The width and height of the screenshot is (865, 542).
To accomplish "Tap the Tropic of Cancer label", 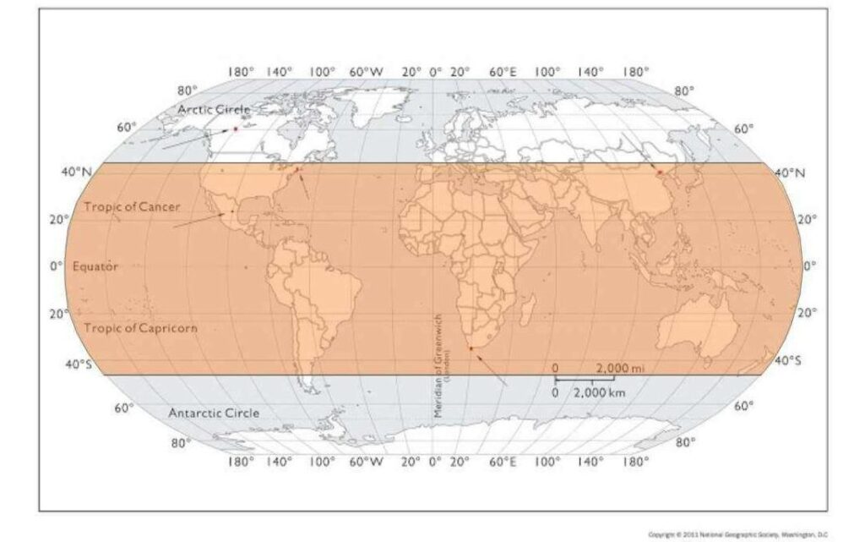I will coord(131,206).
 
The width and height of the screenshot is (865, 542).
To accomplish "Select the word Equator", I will coord(95,266).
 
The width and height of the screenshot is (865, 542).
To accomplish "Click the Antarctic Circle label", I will coord(214,413).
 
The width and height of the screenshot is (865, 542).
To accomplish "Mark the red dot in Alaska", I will coord(235,129).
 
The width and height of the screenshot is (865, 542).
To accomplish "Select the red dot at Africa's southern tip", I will coord(471,348).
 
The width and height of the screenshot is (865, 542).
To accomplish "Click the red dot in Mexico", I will coord(224,213).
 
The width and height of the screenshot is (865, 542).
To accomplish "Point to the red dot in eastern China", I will coord(660,172).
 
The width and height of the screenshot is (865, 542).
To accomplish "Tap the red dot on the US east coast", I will coord(296,169).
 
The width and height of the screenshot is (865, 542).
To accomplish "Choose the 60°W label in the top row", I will coord(366,72).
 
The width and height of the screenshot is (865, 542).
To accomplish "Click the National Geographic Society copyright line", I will coord(736,534).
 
